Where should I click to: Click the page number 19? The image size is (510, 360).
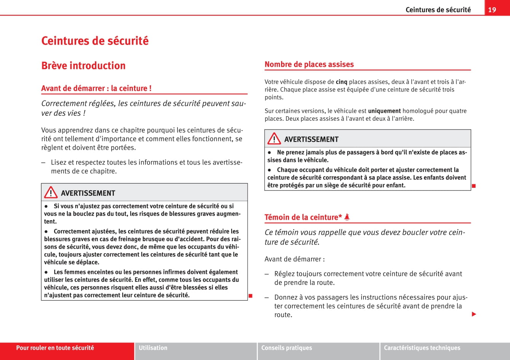click(x=492, y=10)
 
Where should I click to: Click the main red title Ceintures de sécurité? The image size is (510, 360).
click(x=95, y=41)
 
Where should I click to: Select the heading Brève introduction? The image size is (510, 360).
click(x=83, y=66)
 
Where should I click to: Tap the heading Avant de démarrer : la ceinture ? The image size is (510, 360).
click(x=96, y=88)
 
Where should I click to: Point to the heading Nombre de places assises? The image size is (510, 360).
click(x=309, y=64)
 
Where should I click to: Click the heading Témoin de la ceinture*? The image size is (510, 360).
click(x=303, y=217)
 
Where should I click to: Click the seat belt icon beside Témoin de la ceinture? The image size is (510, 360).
click(x=347, y=217)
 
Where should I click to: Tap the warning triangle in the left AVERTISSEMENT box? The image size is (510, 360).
click(x=51, y=193)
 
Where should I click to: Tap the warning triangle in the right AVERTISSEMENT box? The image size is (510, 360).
click(x=274, y=139)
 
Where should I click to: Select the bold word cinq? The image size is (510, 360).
click(x=341, y=82)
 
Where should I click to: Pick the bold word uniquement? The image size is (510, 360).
click(x=384, y=111)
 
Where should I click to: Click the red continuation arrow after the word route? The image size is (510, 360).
click(x=474, y=314)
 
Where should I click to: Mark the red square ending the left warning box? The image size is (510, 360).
click(x=251, y=296)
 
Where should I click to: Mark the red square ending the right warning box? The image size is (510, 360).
click(x=474, y=186)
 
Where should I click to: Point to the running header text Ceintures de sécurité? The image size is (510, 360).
click(x=438, y=10)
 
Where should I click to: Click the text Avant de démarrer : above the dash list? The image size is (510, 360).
click(x=294, y=259)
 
